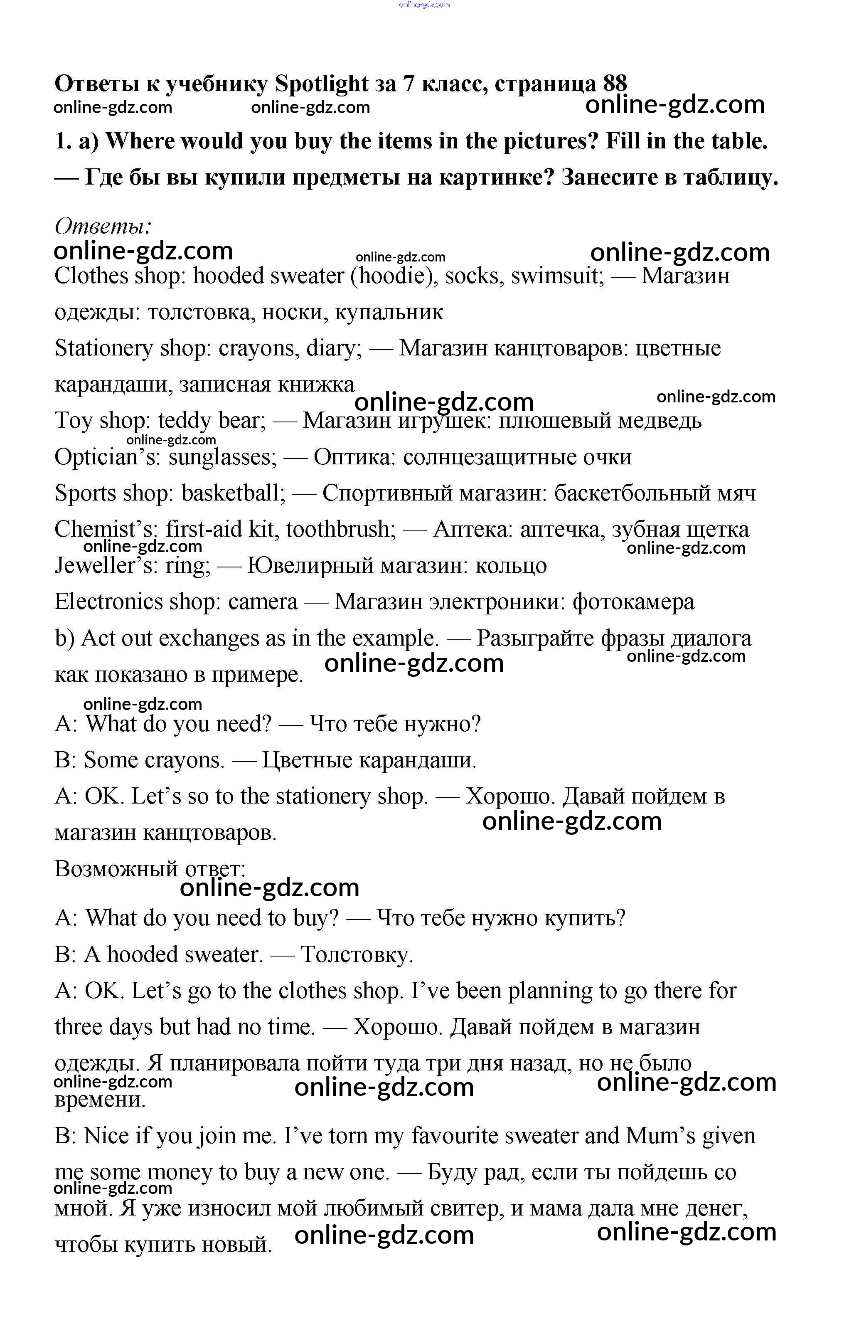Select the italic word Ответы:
[x=103, y=226]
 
